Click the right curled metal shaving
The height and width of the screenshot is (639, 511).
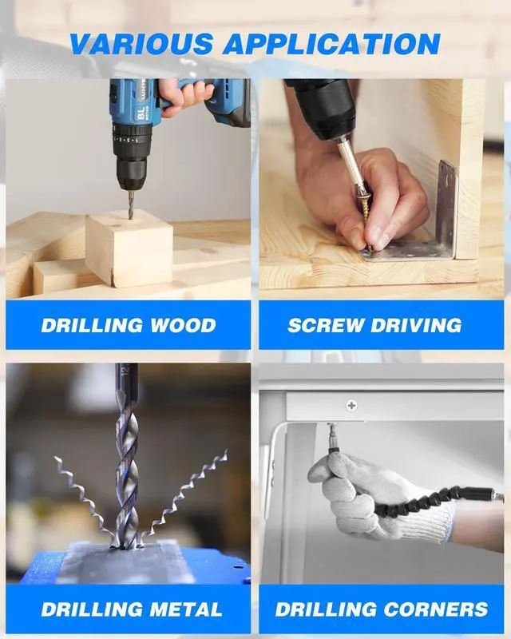click(x=187, y=491)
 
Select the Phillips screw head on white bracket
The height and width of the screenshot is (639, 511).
click(x=351, y=406)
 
